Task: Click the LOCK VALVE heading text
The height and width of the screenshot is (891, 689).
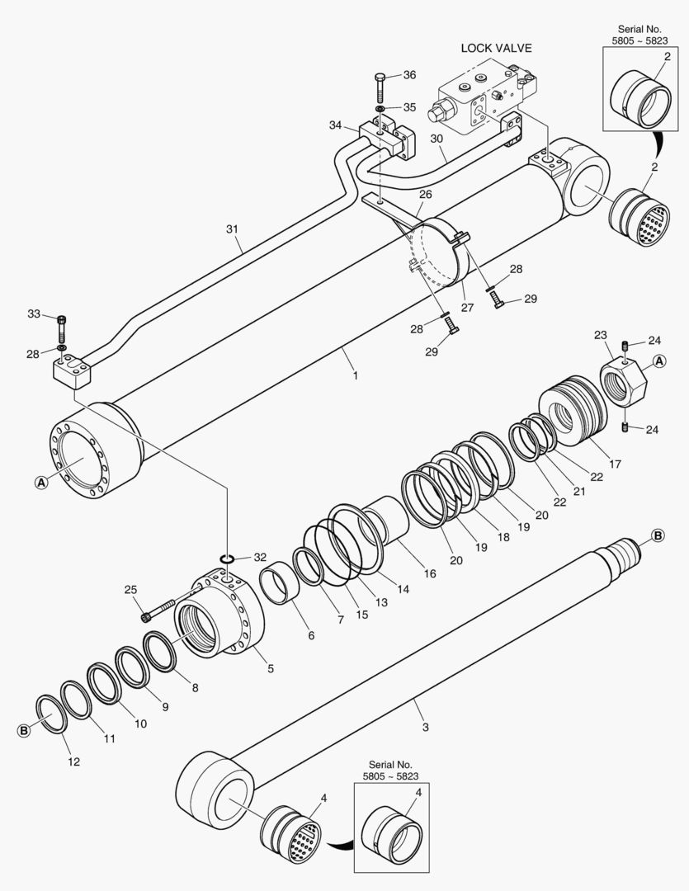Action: [x=496, y=48]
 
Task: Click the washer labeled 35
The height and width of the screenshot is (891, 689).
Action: [x=380, y=109]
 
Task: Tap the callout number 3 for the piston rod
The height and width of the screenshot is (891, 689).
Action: [x=425, y=727]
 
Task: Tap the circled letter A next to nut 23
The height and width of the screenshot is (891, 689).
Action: [x=659, y=361]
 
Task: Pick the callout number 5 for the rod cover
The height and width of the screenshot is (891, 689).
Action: [x=271, y=669]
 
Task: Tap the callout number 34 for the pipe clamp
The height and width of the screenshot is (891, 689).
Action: [x=335, y=125]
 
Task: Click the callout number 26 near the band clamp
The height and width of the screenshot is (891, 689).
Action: [x=426, y=195]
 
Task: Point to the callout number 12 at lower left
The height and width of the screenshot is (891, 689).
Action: [x=73, y=761]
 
